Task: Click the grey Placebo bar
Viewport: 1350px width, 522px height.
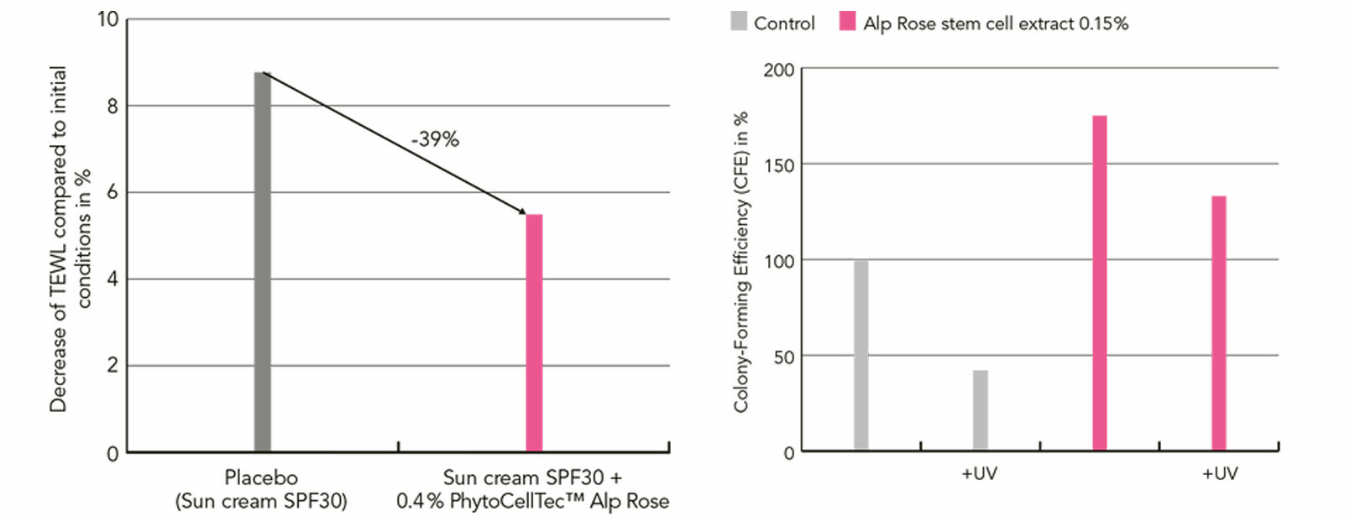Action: coord(262,262)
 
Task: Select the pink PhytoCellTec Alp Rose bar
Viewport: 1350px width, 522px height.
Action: coord(534,333)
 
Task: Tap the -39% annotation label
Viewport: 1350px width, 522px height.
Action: coord(435,139)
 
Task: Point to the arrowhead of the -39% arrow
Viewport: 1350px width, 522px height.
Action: coord(523,212)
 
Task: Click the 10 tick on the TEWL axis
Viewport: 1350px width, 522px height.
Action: coord(108,19)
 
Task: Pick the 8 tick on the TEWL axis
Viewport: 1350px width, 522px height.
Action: coord(112,106)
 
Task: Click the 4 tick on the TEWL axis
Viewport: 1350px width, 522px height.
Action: coord(112,279)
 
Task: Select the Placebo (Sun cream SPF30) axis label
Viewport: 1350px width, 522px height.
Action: coord(261,489)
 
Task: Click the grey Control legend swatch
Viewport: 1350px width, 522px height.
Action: coord(739,22)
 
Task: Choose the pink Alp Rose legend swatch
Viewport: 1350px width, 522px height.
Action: coord(847,22)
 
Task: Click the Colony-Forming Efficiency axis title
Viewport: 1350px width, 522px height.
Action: coord(740,262)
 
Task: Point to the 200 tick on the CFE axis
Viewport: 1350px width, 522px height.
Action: coord(778,70)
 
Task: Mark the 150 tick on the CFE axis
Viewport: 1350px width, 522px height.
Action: coord(778,165)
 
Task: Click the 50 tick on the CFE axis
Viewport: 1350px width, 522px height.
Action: coord(782,357)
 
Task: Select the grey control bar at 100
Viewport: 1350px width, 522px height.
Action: coord(861,355)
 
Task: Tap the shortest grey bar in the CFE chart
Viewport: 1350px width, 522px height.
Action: coord(980,410)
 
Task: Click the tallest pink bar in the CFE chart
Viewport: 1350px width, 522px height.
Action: coord(1099,283)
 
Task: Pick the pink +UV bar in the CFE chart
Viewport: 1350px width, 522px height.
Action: coord(1218,323)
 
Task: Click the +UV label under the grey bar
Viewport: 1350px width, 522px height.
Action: coord(979,473)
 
